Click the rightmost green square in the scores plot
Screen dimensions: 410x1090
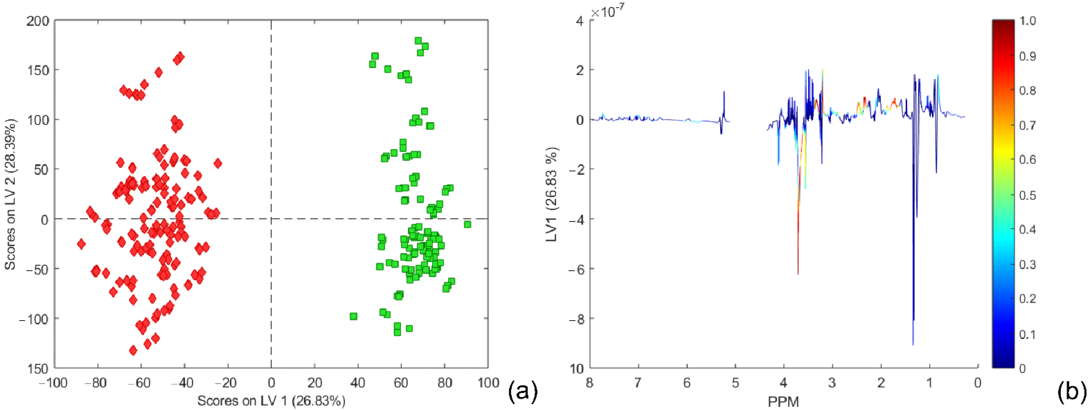tap(467, 224)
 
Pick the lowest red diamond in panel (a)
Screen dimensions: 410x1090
tap(133, 350)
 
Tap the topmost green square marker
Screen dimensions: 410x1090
tap(418, 41)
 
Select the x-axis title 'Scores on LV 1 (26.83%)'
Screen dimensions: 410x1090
tap(271, 400)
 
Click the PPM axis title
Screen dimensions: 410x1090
tap(783, 401)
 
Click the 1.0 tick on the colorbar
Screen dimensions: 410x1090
tap(1027, 21)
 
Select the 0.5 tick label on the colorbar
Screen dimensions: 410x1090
tap(1027, 195)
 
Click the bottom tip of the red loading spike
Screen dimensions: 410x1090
tap(798, 274)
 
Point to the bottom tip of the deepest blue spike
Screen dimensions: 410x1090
tap(913, 345)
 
